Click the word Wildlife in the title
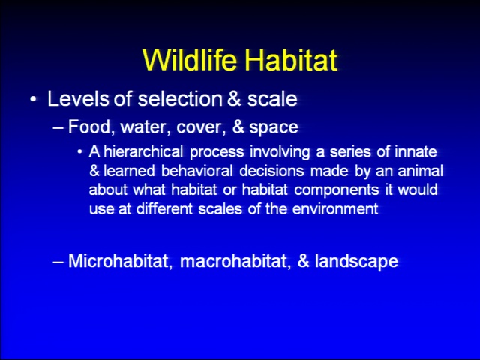[190, 59]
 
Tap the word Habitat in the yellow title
[291, 59]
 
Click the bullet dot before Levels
[33, 100]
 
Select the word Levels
[78, 98]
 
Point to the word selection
[180, 98]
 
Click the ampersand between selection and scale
[234, 98]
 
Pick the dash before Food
[58, 127]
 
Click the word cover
[198, 127]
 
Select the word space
[273, 128]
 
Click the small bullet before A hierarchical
[80, 152]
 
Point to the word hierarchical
[143, 151]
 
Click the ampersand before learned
[94, 171]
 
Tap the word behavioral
[197, 171]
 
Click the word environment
[335, 209]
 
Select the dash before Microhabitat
[58, 262]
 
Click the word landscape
[356, 262]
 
